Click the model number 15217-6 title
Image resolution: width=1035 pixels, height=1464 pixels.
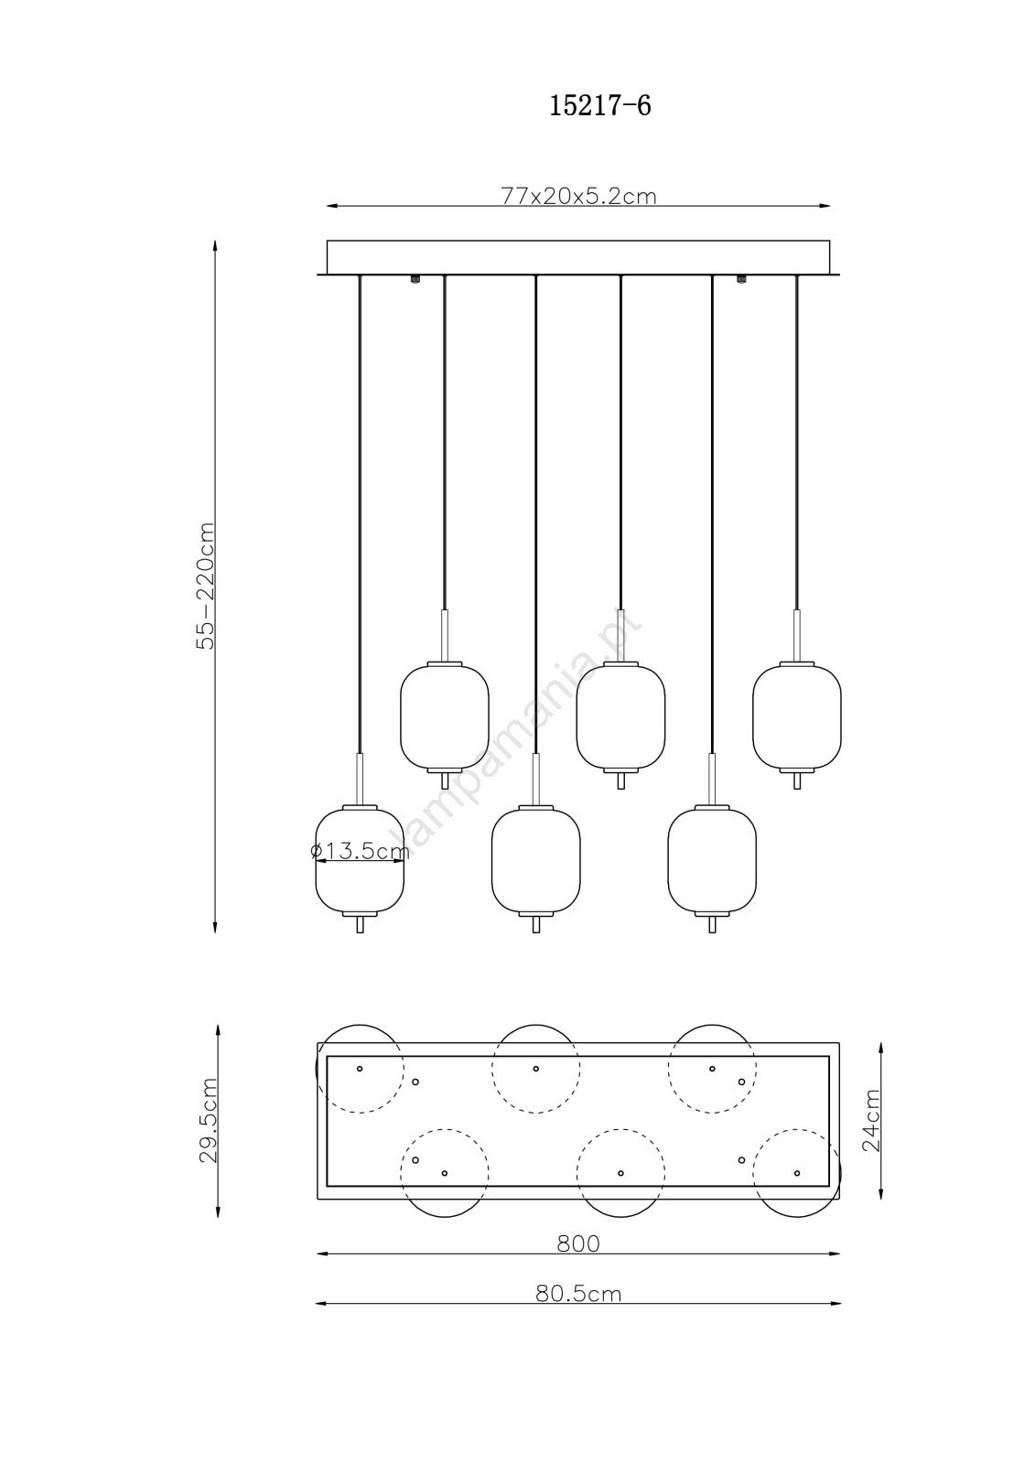coord(599,105)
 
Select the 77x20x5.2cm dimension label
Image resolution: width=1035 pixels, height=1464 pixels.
coord(578,196)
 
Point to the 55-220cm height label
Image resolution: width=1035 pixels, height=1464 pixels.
coord(206,586)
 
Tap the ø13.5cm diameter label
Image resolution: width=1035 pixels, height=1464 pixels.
coord(360,851)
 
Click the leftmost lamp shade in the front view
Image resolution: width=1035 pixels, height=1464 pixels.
coord(360,860)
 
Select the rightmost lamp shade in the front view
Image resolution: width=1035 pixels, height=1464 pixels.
coord(796,716)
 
